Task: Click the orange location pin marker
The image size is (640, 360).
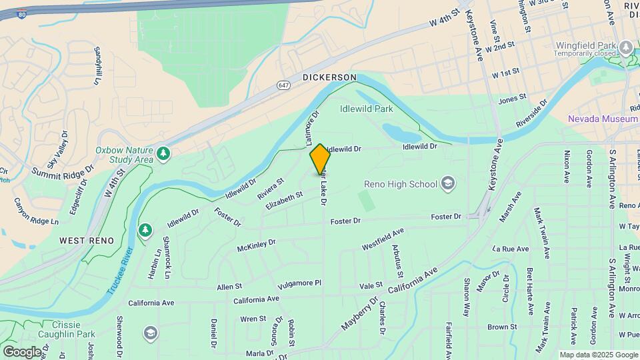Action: [x=320, y=159]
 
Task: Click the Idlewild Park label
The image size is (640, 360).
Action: [x=366, y=109]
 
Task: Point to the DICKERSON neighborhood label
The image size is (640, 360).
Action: [x=329, y=77]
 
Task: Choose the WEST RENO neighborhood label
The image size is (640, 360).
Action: [x=86, y=240]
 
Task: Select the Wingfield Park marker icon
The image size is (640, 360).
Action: [x=625, y=47]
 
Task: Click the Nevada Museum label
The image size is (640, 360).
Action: [x=603, y=119]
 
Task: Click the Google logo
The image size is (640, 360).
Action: [x=22, y=351]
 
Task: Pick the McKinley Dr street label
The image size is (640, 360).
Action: [x=256, y=246]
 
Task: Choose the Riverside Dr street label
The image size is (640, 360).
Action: [x=533, y=115]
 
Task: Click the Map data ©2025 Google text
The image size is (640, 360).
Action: [x=598, y=355]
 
